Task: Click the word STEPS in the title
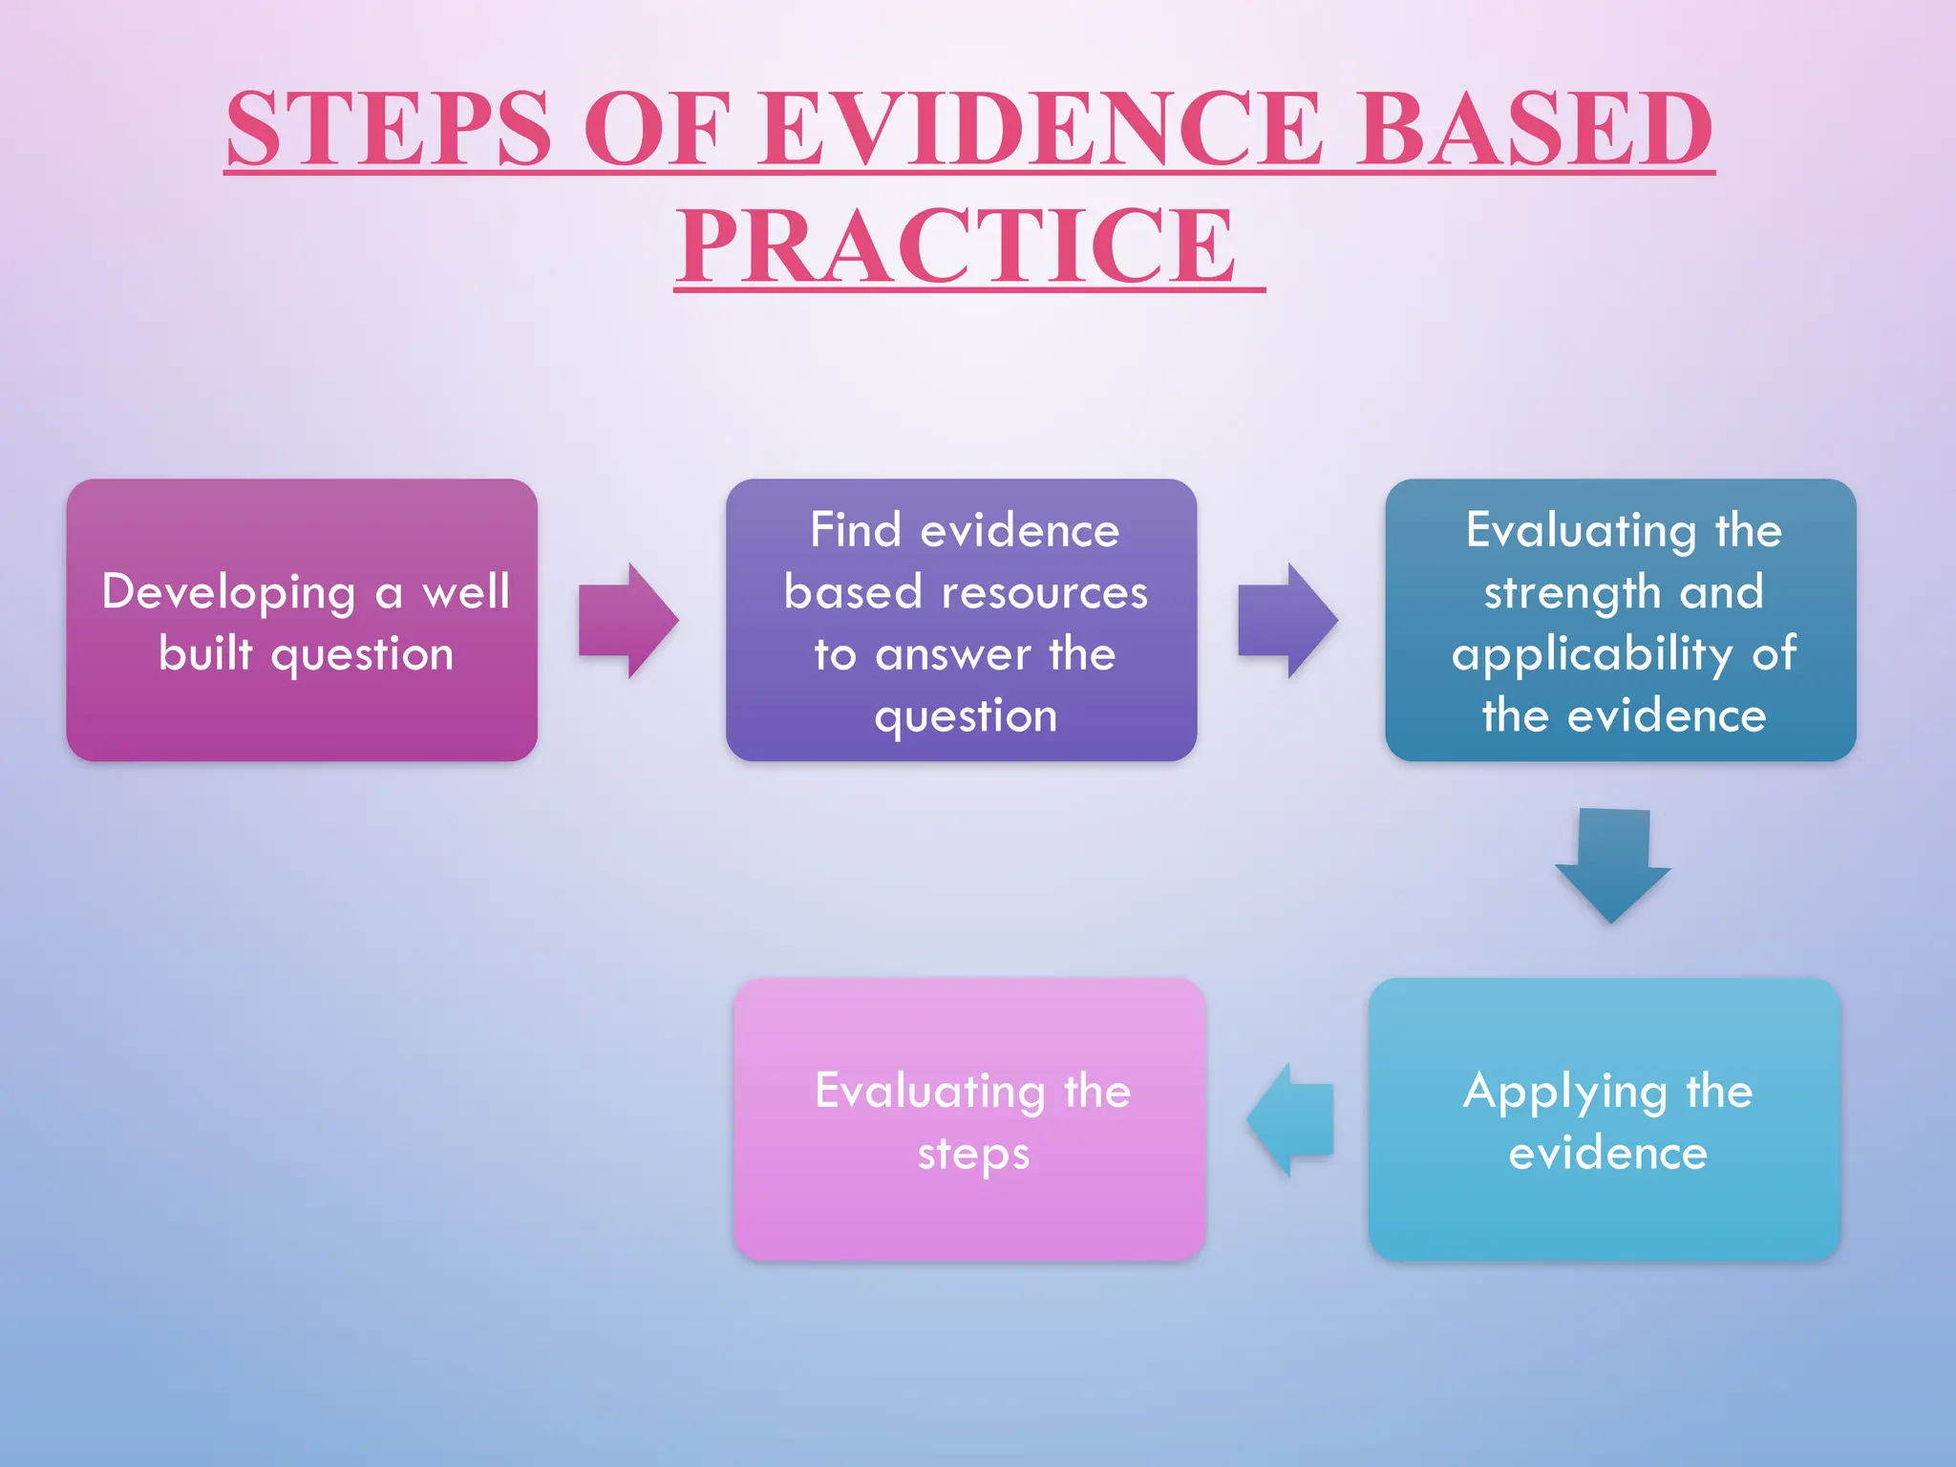(x=389, y=129)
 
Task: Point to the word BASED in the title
(x=1535, y=129)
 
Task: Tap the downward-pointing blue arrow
(x=1613, y=864)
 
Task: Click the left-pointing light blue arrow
(x=1291, y=1119)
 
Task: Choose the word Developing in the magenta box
(x=229, y=593)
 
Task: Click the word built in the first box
(x=205, y=654)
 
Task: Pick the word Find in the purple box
(x=856, y=530)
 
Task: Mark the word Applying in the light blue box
(x=1565, y=1093)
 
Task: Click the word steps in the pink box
(x=973, y=1155)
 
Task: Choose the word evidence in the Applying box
(x=1607, y=1154)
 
